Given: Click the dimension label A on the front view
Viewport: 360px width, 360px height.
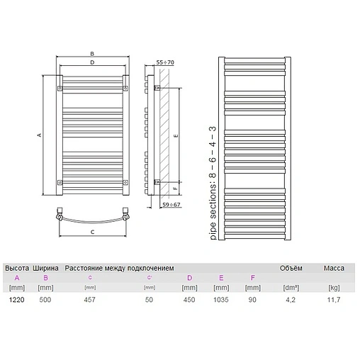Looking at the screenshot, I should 40,135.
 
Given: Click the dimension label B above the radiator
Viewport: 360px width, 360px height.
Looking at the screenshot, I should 92,52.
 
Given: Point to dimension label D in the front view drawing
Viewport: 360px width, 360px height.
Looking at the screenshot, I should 92,62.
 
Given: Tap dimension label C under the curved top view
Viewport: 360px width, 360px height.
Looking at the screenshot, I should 92,232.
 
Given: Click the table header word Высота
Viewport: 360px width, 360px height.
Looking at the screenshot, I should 17,268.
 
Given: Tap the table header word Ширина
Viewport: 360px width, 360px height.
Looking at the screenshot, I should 46,268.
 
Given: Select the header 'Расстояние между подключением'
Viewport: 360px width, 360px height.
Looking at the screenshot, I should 119,268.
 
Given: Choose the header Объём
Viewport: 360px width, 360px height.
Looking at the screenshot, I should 289,268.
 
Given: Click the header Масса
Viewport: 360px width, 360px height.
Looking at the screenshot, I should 334,268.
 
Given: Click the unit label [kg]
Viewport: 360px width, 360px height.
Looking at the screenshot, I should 334,288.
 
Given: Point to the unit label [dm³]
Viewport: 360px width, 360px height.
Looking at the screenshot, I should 289,288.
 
